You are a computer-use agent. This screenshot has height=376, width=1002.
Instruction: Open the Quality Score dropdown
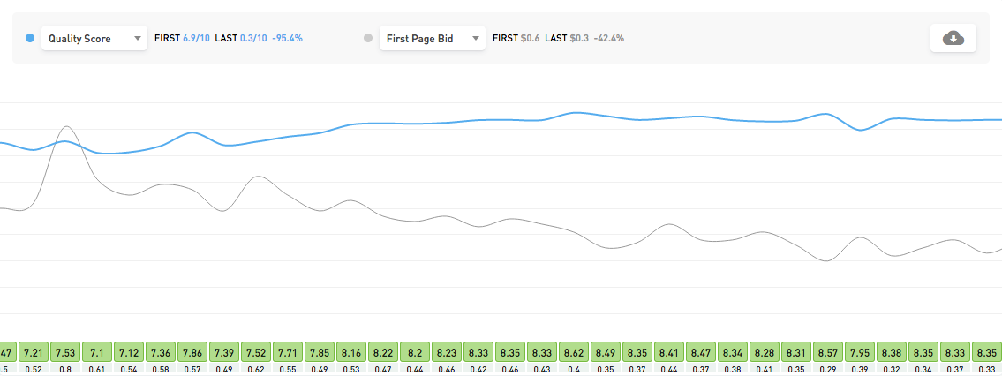tap(94, 39)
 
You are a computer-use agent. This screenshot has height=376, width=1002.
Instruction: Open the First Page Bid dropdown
tap(433, 39)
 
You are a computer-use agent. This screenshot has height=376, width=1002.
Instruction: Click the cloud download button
tap(953, 38)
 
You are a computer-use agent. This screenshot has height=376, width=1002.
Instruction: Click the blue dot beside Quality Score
tap(31, 39)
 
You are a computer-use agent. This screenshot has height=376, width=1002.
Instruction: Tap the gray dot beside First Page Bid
tap(368, 39)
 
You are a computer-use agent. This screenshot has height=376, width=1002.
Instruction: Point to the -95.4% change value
tap(289, 39)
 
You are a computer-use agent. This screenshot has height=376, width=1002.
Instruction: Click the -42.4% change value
tap(609, 39)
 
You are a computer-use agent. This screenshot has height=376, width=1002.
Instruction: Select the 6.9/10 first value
tap(195, 39)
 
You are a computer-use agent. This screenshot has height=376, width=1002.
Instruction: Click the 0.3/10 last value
tap(254, 39)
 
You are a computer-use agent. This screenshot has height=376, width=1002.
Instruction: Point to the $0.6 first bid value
tap(530, 39)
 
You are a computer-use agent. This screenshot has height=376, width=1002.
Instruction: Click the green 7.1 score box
tap(98, 351)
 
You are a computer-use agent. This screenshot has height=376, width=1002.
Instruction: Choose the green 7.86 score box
tap(193, 351)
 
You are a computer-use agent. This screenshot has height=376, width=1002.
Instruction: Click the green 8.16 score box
tap(352, 351)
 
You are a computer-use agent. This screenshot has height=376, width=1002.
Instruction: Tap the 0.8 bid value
tap(66, 369)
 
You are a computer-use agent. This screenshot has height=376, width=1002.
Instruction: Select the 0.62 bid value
tap(257, 369)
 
